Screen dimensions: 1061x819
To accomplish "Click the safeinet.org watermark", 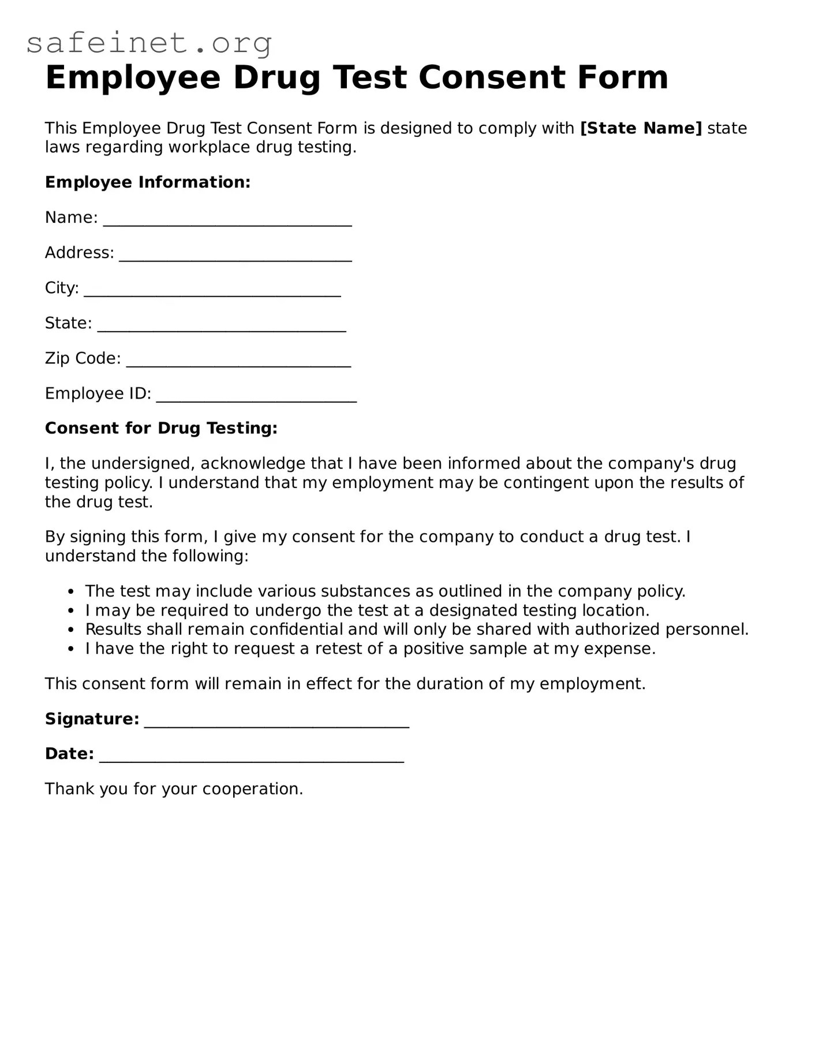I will (x=149, y=43).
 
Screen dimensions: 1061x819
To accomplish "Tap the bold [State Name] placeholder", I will (x=641, y=128).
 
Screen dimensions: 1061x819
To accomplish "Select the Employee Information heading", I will (x=148, y=182).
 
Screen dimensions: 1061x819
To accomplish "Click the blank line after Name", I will (x=227, y=222).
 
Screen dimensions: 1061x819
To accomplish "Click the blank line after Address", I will (x=235, y=258).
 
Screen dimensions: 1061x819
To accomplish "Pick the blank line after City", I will (x=212, y=293).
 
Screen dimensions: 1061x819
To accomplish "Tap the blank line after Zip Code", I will (x=238, y=363).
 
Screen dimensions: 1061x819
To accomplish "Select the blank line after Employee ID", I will (x=256, y=399).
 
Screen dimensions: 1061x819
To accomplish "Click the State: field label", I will (x=68, y=323).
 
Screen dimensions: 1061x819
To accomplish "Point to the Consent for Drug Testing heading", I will (x=161, y=428).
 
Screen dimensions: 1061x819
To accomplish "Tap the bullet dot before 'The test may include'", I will (x=70, y=591).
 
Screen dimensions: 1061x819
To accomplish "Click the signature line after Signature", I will (x=276, y=724).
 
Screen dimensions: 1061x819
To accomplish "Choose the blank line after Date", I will (x=251, y=759).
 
